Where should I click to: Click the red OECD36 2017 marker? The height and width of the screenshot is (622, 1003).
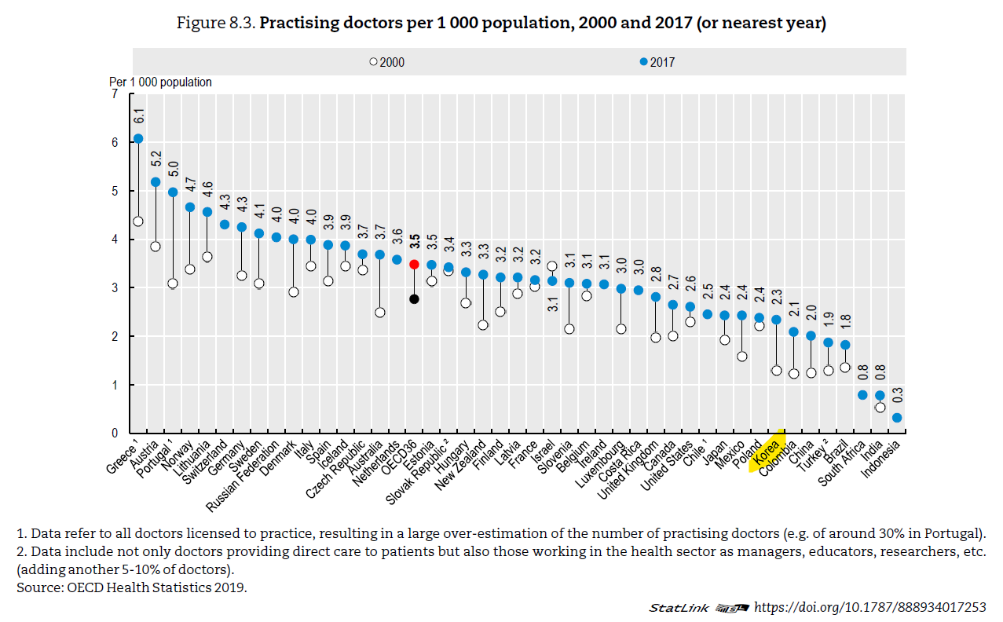414,265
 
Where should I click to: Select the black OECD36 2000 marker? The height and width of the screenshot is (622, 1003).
414,299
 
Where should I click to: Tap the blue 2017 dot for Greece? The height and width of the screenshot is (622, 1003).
138,138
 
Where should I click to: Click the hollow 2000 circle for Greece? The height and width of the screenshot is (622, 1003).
138,221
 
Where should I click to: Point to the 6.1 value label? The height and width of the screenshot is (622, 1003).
138,116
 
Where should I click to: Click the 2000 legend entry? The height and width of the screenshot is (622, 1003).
387,62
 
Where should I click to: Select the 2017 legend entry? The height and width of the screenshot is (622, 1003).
657,62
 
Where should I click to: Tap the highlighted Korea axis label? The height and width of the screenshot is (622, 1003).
766,452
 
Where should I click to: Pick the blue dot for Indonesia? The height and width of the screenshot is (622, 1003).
897,418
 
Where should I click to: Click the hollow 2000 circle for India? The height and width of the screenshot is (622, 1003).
880,407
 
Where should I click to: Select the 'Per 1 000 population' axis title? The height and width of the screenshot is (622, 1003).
160,82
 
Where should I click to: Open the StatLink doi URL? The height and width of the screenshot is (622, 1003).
869,607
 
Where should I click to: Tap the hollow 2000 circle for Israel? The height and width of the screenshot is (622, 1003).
552,266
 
